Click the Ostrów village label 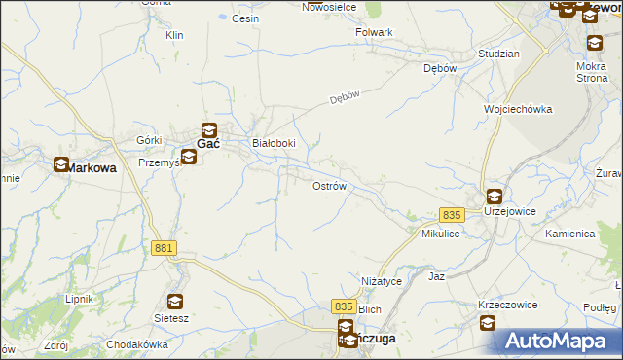pyautogui.click(x=329, y=186)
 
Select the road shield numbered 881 pyautogui.click(x=165, y=249)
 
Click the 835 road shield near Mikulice pyautogui.click(x=450, y=215)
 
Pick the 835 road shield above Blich pyautogui.click(x=344, y=306)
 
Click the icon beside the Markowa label pyautogui.click(x=61, y=166)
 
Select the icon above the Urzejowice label pyautogui.click(x=494, y=196)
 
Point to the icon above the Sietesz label pyautogui.click(x=175, y=301)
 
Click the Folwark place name pyautogui.click(x=374, y=32)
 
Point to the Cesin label pyautogui.click(x=244, y=18)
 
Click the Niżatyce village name pyautogui.click(x=382, y=281)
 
